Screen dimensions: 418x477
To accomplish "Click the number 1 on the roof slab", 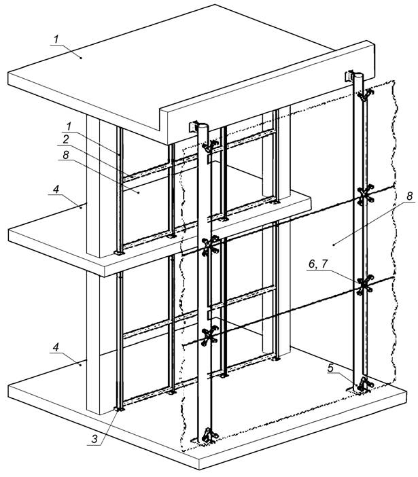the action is pos(56,39).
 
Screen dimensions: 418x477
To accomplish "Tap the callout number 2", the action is pos(66,139).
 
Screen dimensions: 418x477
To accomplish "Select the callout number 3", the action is pos(94,439).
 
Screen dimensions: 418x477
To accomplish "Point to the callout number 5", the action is pos(331,368).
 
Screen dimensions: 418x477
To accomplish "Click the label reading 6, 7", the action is pos(318,264).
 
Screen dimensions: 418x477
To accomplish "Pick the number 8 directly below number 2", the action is pos(66,155).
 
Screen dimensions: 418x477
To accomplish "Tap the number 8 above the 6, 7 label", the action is pos(409,196).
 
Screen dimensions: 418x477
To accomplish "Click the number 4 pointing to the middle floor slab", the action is pos(56,189).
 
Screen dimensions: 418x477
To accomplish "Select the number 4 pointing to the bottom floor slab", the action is pos(56,347).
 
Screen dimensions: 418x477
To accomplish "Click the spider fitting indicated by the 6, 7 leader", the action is pos(364,285).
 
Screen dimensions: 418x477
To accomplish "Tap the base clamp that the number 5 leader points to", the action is pos(365,383).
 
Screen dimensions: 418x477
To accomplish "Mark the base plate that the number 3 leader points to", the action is pos(119,409).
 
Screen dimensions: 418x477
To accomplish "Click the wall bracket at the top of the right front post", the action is pos(350,76).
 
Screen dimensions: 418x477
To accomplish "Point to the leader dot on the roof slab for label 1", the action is pos(81,57).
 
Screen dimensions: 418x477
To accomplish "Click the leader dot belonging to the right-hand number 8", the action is pos(334,244).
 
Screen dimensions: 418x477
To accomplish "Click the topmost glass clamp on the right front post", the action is pos(365,96).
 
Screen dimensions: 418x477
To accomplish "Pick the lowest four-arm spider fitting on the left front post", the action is pos(210,336).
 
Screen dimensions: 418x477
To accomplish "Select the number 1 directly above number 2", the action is pos(69,126).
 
